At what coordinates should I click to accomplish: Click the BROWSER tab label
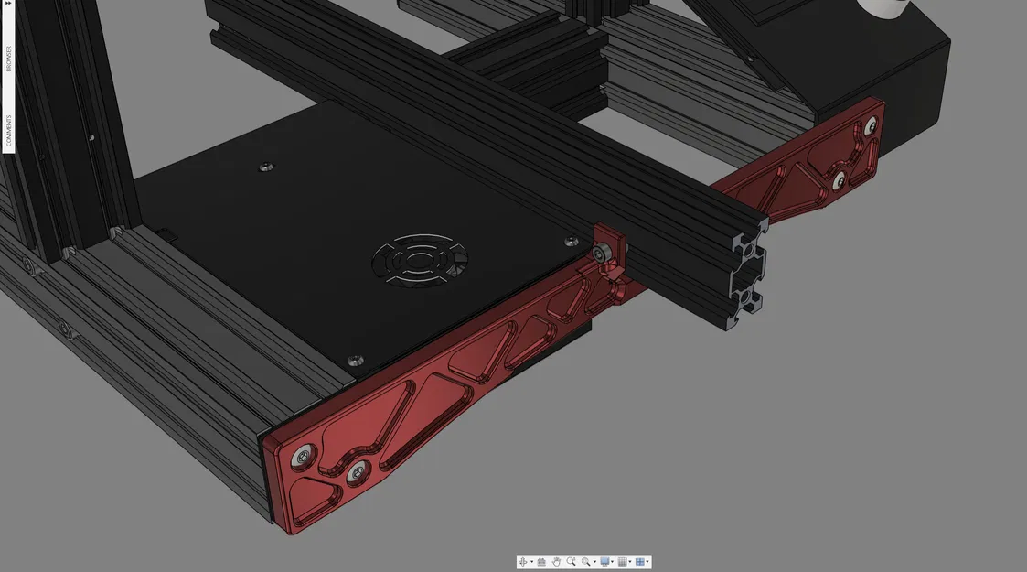[9, 57]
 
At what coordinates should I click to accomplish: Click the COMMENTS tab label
[9, 131]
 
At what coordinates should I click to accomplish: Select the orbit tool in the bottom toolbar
[523, 562]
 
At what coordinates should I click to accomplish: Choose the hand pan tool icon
[556, 562]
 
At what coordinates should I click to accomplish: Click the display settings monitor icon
[604, 562]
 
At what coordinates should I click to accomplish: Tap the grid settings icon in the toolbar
[622, 562]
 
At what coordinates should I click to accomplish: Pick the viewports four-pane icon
[640, 562]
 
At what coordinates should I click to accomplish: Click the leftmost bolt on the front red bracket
[302, 453]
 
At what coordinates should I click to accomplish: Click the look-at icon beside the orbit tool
[540, 562]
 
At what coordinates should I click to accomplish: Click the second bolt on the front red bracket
[355, 472]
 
